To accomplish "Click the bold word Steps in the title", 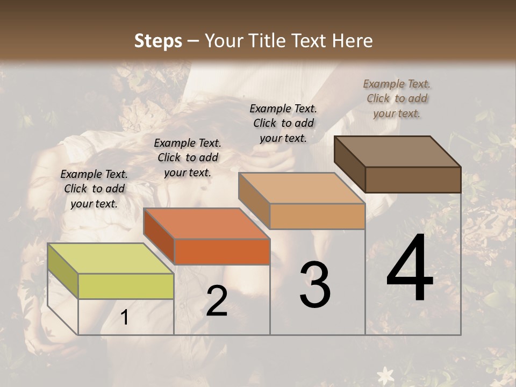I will (158, 41).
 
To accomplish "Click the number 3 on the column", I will (314, 284).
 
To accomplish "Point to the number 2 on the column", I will (217, 302).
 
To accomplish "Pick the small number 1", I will (125, 318).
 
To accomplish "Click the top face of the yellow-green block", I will (110, 259).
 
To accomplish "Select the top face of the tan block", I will (301, 188).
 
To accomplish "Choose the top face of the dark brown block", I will (397, 152).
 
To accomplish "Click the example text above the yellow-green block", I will (94, 189).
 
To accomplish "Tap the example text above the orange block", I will (188, 157).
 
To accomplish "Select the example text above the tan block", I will (283, 123).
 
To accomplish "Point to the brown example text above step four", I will (397, 98).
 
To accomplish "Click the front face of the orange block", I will (222, 252).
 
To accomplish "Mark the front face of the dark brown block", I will (413, 180).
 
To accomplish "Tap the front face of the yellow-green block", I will (126, 286).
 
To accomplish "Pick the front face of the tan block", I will (317, 216).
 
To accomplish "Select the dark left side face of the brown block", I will (349, 163).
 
